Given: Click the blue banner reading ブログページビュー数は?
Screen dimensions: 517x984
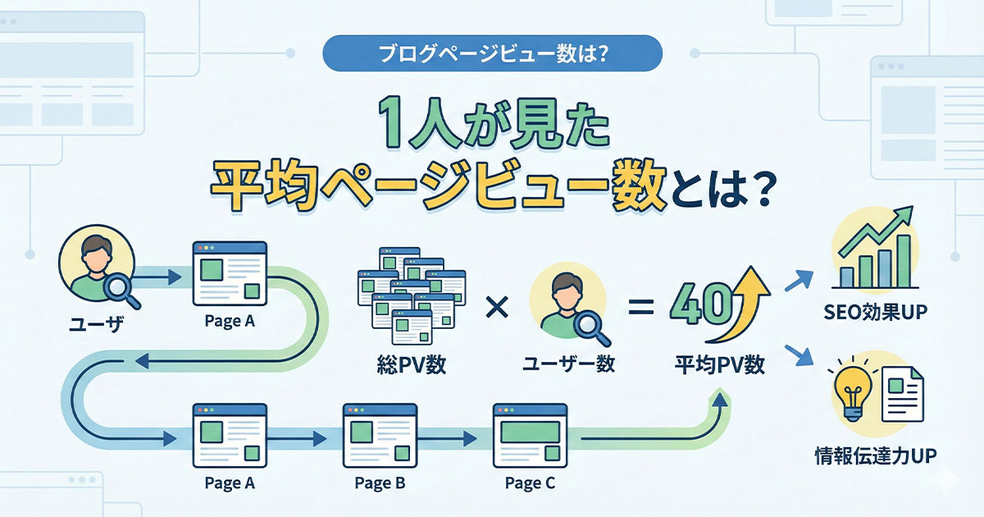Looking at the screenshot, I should [492, 54].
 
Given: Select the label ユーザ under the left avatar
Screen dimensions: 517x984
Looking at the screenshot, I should [92, 323].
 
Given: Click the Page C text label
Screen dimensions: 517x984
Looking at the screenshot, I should [529, 483].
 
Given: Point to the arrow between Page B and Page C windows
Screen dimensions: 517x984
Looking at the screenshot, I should [453, 437].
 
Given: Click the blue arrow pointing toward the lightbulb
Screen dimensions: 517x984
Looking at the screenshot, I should [798, 355].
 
